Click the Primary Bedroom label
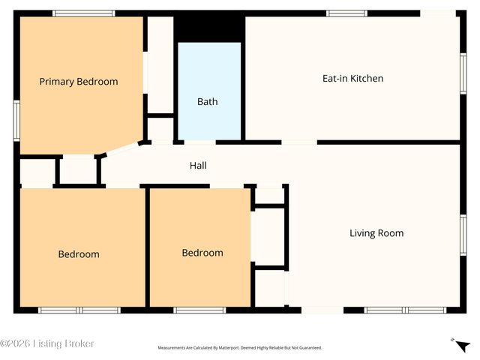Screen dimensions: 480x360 pyautogui.click(x=79, y=82)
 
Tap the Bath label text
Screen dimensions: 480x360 pyautogui.click(x=208, y=102)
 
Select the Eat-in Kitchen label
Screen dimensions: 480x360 pyautogui.click(x=352, y=78)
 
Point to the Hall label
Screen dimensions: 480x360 pyautogui.click(x=198, y=166)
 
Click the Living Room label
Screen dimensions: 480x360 pyautogui.click(x=376, y=233)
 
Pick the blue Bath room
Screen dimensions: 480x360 pyautogui.click(x=210, y=91)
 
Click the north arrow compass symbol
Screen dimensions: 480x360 pyautogui.click(x=461, y=345)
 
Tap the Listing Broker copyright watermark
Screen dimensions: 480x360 pyautogui.click(x=46, y=343)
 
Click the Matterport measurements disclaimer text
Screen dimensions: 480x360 pyautogui.click(x=240, y=348)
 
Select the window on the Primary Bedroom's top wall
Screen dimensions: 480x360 pyautogui.click(x=84, y=13)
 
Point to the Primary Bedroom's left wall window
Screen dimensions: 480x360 pyautogui.click(x=16, y=121)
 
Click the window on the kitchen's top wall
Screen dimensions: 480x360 pyautogui.click(x=346, y=13)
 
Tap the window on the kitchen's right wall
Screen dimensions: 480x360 pyautogui.click(x=463, y=73)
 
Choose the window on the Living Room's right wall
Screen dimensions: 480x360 pyautogui.click(x=463, y=235)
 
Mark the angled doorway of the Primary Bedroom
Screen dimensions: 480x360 pyautogui.click(x=121, y=149)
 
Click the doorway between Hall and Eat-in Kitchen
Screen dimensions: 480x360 pyautogui.click(x=299, y=142)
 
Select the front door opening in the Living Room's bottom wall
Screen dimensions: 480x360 pyautogui.click(x=322, y=310)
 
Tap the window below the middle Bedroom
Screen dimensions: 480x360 pyautogui.click(x=199, y=310)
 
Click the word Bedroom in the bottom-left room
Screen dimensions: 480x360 pyautogui.click(x=79, y=254)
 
